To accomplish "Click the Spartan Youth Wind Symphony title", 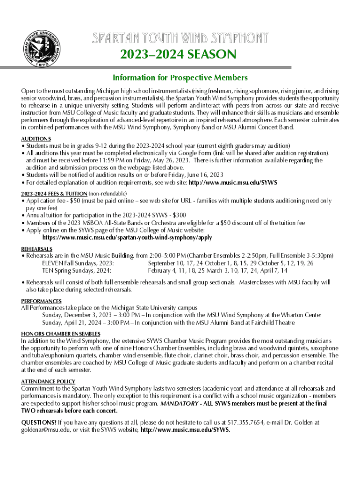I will tap(180, 37).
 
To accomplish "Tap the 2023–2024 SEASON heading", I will tap(180, 55).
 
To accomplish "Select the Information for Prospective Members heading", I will tap(180, 77).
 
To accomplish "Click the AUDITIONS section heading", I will tap(36, 139).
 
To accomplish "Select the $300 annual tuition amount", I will tap(179, 215).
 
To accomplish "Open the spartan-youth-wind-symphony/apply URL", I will tap(127, 238).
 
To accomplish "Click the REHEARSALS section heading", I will tap(37, 249).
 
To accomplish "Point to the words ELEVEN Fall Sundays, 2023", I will tap(78, 263).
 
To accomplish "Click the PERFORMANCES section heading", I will tap(42, 301).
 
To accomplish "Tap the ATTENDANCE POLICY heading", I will tap(48, 381).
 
